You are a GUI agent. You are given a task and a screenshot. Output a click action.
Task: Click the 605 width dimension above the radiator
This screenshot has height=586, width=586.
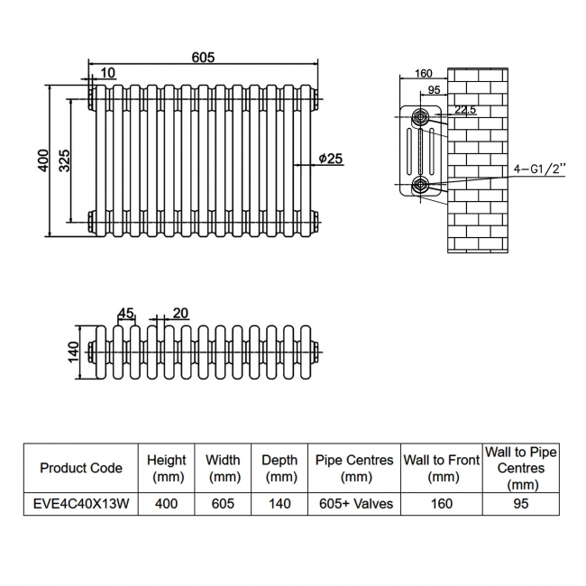[203, 57]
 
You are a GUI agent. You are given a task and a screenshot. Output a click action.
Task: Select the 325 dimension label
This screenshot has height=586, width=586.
[64, 160]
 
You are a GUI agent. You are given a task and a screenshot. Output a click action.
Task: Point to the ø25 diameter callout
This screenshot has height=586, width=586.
[330, 159]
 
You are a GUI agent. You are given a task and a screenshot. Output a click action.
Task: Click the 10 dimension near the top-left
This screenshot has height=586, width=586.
[108, 73]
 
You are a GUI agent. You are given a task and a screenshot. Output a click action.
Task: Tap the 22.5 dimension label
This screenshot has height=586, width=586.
[465, 110]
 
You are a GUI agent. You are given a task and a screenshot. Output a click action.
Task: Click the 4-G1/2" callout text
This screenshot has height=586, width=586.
[538, 169]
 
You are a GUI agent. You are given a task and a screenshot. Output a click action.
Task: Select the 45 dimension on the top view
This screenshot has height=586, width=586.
[126, 314]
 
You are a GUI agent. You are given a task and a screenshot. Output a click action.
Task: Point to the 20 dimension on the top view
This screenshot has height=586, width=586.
[179, 313]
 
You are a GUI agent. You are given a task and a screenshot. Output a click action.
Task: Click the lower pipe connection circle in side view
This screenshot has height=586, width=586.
[420, 185]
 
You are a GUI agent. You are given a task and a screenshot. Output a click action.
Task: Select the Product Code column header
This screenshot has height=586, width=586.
[81, 468]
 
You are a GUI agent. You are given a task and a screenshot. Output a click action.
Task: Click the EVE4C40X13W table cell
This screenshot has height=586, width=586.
[81, 503]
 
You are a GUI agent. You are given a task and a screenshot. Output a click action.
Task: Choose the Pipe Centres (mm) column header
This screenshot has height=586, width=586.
[354, 468]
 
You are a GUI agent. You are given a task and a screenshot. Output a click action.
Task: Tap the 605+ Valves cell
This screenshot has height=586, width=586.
[354, 503]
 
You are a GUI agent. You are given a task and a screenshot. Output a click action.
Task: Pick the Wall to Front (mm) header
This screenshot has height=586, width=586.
[441, 468]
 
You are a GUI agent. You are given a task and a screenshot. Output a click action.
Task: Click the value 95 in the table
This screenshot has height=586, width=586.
[520, 503]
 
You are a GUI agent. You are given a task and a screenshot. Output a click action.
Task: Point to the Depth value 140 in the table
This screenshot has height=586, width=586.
[279, 503]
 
